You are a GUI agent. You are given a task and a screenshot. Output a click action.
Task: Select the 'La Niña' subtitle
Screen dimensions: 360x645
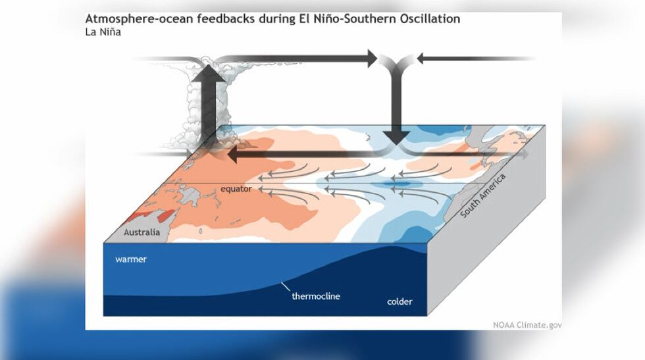pyautogui.click(x=103, y=32)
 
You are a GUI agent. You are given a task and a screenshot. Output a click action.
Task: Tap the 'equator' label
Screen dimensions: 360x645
pyautogui.click(x=236, y=190)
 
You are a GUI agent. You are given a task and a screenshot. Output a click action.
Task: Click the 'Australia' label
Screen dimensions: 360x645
pyautogui.click(x=142, y=232)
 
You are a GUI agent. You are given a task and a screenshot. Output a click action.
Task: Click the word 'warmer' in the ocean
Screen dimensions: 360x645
pyautogui.click(x=131, y=259)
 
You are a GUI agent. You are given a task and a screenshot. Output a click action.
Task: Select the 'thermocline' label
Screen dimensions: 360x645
pyautogui.click(x=315, y=296)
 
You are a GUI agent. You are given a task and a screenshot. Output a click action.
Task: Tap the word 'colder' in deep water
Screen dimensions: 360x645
pyautogui.click(x=400, y=302)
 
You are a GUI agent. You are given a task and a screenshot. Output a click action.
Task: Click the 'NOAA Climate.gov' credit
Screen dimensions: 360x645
pyautogui.click(x=527, y=324)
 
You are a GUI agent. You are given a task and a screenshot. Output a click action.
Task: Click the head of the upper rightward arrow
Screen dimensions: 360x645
pyautogui.click(x=368, y=59)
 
